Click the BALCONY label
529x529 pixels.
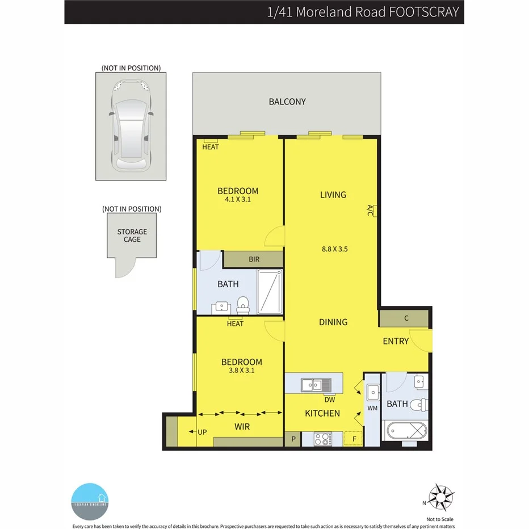(287, 102)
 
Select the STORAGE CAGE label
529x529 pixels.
(132, 236)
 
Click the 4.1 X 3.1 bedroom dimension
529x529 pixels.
(238, 200)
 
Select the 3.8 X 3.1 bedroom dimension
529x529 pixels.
(242, 371)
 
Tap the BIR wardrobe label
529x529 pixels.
(254, 259)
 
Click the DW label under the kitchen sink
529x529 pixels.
(330, 400)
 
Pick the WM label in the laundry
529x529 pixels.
(373, 408)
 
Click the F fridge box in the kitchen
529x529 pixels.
(353, 439)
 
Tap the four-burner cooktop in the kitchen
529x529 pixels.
(324, 439)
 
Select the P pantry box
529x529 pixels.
(293, 439)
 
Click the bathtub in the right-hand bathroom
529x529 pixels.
(406, 431)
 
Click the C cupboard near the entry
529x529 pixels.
(406, 318)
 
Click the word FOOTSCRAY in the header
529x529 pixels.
(424, 12)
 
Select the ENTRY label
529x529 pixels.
(396, 341)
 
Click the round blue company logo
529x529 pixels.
(90, 501)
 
